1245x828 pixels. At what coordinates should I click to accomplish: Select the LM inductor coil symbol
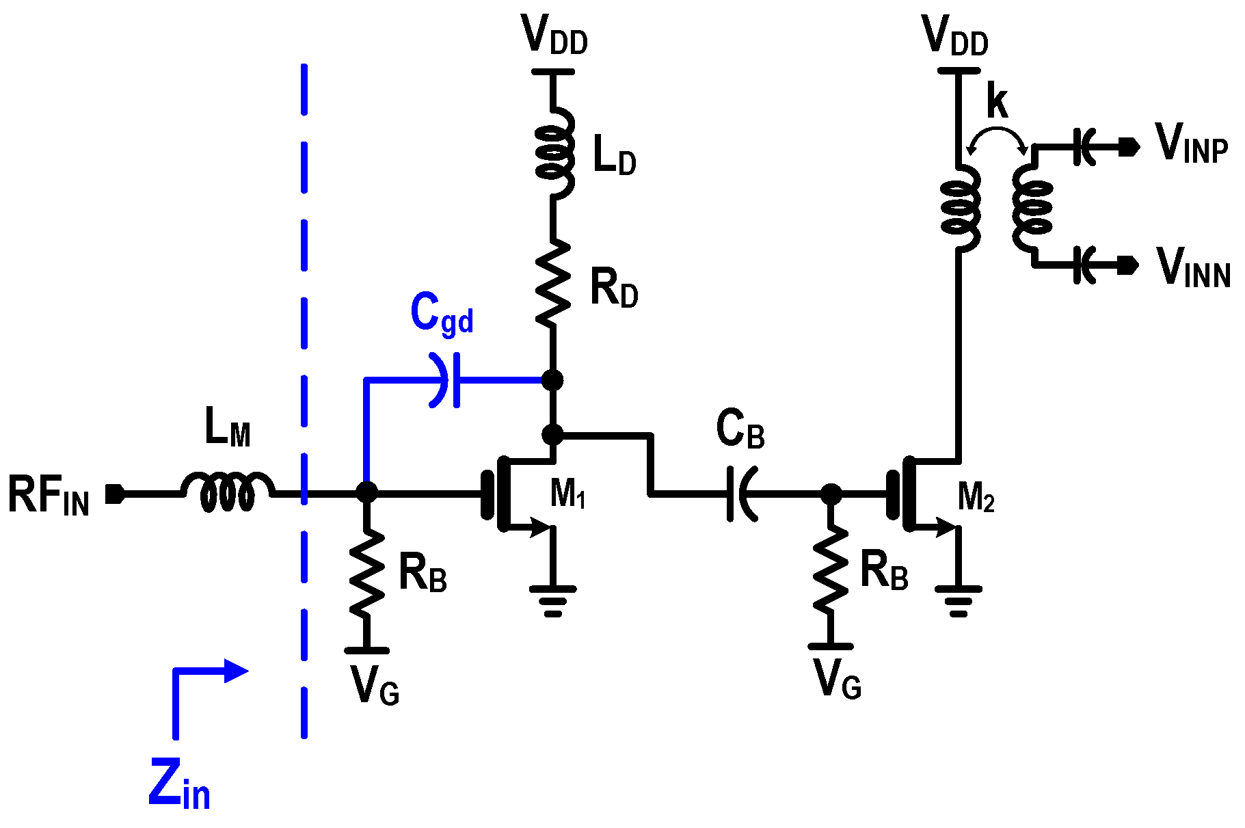[228, 490]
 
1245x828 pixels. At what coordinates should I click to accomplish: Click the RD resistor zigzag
[552, 282]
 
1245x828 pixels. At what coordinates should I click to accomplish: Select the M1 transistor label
[567, 493]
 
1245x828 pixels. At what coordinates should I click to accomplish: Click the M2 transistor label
[976, 497]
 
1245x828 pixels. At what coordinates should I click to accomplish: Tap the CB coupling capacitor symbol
[740, 493]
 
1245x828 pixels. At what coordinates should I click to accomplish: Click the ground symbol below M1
[552, 600]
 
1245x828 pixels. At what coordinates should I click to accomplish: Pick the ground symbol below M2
[958, 600]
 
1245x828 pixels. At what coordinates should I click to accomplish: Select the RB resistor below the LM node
[367, 573]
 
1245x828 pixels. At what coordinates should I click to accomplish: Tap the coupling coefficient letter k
[997, 103]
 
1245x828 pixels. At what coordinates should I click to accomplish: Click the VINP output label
[1192, 144]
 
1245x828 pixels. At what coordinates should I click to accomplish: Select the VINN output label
[1193, 268]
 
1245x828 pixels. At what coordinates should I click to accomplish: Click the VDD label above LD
[554, 36]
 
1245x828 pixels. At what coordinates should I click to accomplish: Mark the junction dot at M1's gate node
[367, 492]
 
